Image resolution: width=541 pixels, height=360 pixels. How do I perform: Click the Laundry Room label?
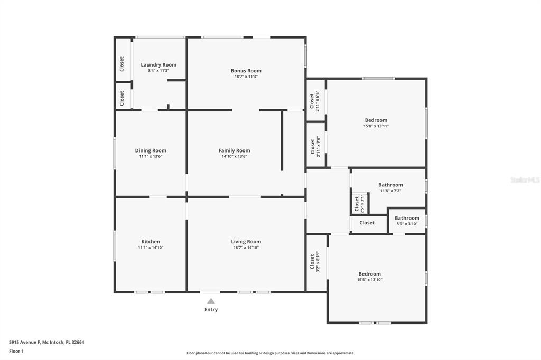tap(158, 65)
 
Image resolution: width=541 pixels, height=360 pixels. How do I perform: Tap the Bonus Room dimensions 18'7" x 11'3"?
tap(246, 77)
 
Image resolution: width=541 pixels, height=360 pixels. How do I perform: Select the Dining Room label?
tap(151, 150)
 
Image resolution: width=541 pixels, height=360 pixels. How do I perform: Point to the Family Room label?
tap(234, 150)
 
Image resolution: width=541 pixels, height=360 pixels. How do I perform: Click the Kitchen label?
tap(151, 242)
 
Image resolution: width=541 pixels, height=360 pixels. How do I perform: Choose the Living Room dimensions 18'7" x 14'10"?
tap(246, 248)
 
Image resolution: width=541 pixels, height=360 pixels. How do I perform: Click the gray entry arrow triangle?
tap(211, 301)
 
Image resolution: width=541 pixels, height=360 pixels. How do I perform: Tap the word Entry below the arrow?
tap(211, 310)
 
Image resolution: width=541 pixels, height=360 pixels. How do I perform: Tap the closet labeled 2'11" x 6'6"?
tap(314, 102)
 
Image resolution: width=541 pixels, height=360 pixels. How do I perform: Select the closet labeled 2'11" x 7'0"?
tap(315, 147)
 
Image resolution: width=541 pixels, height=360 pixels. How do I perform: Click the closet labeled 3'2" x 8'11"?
tap(315, 262)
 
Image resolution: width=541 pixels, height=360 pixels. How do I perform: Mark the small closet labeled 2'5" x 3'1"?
tap(359, 203)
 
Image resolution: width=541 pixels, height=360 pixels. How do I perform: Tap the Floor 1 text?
tap(16, 351)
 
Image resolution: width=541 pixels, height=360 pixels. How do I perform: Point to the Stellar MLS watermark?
tap(525, 180)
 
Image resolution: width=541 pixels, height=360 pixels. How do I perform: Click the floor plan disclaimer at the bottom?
tap(270, 353)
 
